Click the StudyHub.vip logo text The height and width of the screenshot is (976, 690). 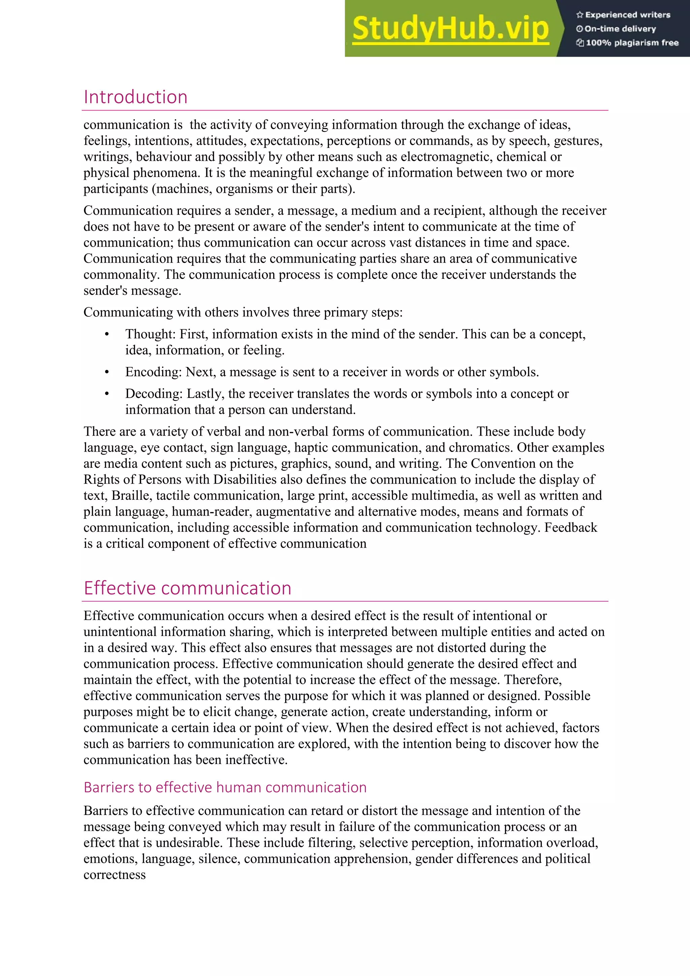(450, 29)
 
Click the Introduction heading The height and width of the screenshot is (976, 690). (135, 97)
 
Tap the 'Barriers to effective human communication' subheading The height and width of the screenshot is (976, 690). (225, 787)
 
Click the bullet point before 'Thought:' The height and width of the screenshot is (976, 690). (107, 335)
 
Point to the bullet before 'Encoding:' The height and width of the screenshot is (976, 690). (107, 373)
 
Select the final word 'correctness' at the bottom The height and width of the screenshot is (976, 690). (114, 875)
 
